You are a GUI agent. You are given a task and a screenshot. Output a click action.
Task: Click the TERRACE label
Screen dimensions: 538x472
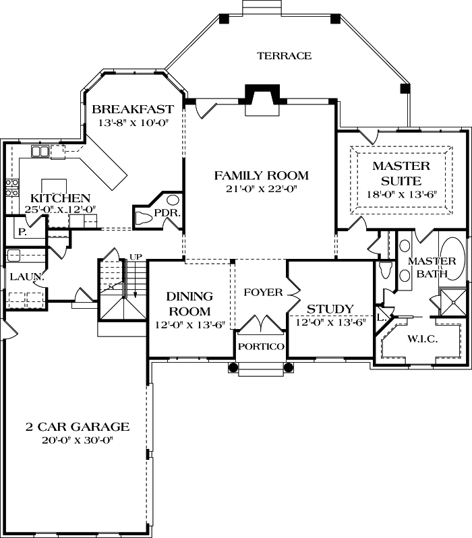(x=284, y=56)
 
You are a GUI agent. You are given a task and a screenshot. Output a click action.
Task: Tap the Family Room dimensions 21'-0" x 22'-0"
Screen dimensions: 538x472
(x=261, y=190)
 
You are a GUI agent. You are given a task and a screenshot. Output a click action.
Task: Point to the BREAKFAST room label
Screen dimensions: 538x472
(x=133, y=109)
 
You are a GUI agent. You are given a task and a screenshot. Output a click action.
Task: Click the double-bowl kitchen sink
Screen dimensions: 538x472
(x=40, y=152)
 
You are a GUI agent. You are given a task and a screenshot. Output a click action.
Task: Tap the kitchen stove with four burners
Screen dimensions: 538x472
(x=11, y=187)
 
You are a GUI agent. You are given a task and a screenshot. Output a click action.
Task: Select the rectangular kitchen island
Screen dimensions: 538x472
(x=54, y=185)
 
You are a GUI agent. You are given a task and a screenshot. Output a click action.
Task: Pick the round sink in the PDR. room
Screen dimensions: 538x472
(x=173, y=200)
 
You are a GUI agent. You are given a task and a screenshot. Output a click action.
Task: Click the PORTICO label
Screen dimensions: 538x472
(x=261, y=346)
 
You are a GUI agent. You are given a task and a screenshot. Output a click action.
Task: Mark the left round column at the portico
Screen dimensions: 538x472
(x=233, y=367)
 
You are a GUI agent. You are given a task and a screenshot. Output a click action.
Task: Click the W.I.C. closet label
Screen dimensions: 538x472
(x=422, y=339)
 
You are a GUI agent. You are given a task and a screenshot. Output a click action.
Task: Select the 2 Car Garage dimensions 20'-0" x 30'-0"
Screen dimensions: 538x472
(x=77, y=440)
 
